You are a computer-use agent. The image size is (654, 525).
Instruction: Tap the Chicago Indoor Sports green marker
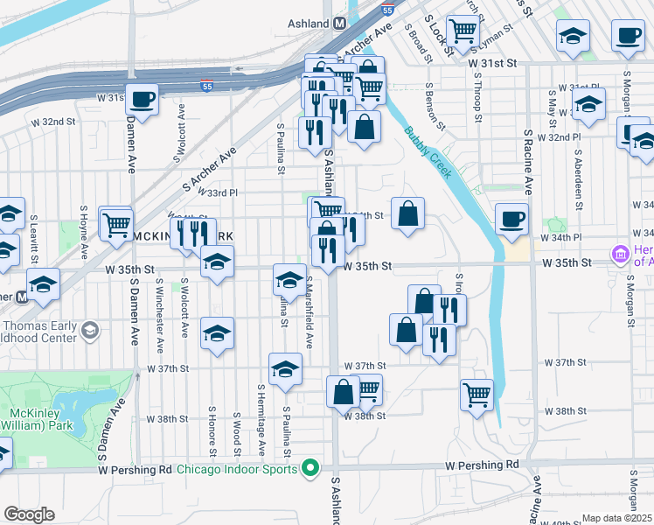[308, 468]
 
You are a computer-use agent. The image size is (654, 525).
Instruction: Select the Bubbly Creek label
[428, 153]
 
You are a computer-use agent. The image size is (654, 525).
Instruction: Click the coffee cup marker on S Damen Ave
[142, 99]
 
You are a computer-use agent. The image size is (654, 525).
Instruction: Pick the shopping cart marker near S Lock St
[463, 32]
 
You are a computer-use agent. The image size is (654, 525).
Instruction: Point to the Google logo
[29, 514]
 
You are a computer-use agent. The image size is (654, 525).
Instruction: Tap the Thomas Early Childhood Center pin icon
[89, 331]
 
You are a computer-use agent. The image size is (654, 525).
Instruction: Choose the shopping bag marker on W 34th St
[407, 213]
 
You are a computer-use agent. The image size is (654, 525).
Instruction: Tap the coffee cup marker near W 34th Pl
[511, 219]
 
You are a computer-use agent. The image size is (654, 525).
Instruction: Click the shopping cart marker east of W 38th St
[477, 394]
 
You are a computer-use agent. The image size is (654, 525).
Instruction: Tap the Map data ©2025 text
[616, 518]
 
